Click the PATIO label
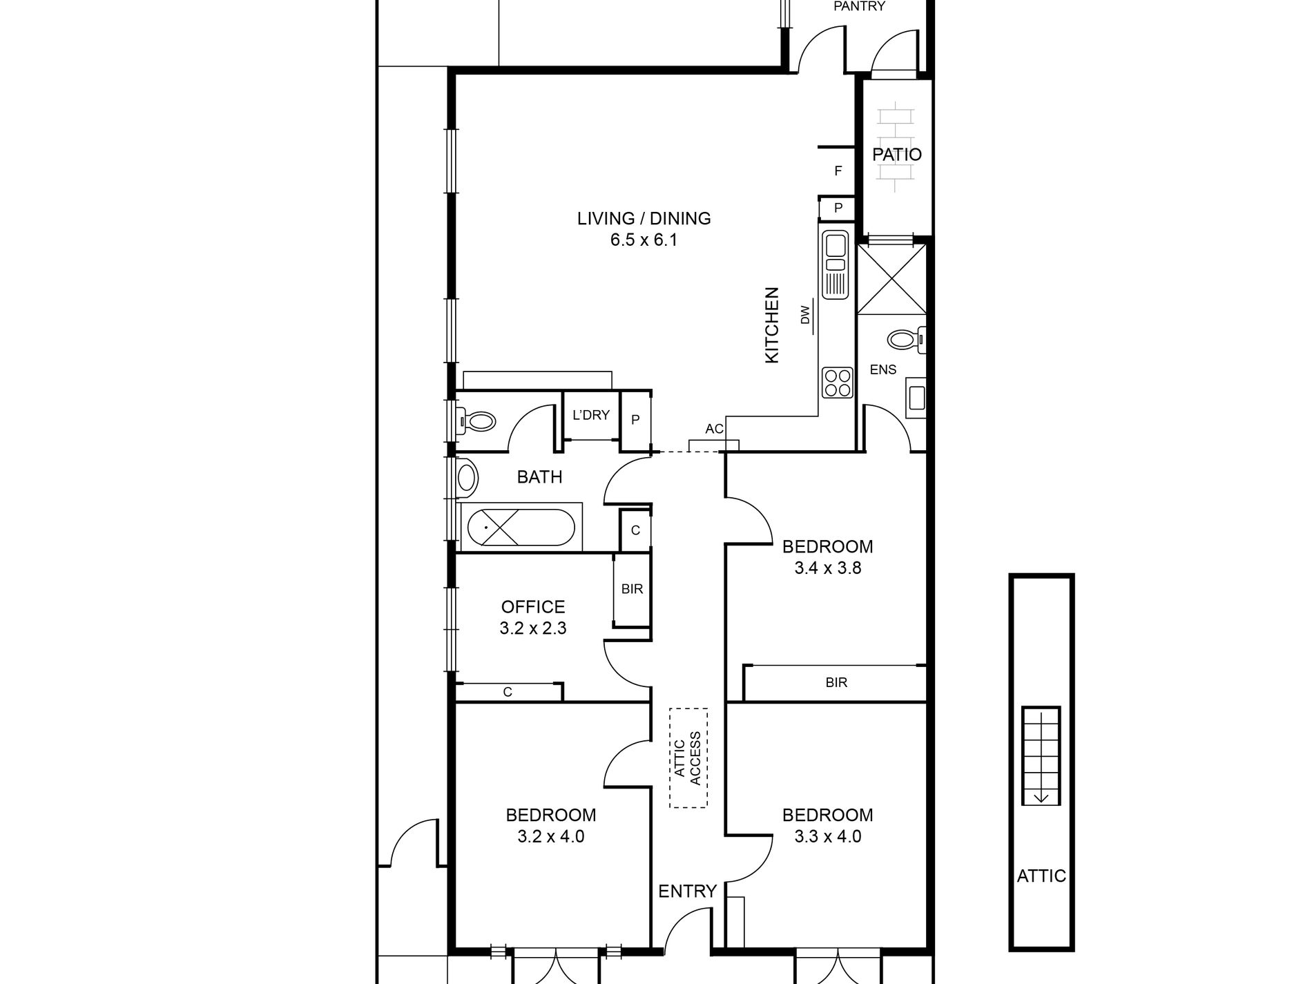pyautogui.click(x=896, y=155)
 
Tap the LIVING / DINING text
pyautogui.click(x=644, y=218)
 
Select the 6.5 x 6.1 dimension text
pyautogui.click(x=644, y=240)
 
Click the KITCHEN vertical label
pyautogui.click(x=771, y=325)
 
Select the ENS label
pyautogui.click(x=883, y=370)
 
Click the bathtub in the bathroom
pyautogui.click(x=521, y=528)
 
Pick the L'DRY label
pyautogui.click(x=591, y=415)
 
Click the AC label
pyautogui.click(x=714, y=429)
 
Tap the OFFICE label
pyautogui.click(x=533, y=607)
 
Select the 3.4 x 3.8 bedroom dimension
pyautogui.click(x=827, y=568)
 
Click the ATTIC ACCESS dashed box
pyautogui.click(x=688, y=758)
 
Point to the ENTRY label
pyautogui.click(x=687, y=891)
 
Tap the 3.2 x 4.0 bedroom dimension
pyautogui.click(x=551, y=837)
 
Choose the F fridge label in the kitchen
pyautogui.click(x=838, y=171)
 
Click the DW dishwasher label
pyautogui.click(x=805, y=316)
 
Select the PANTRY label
pyautogui.click(x=859, y=6)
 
